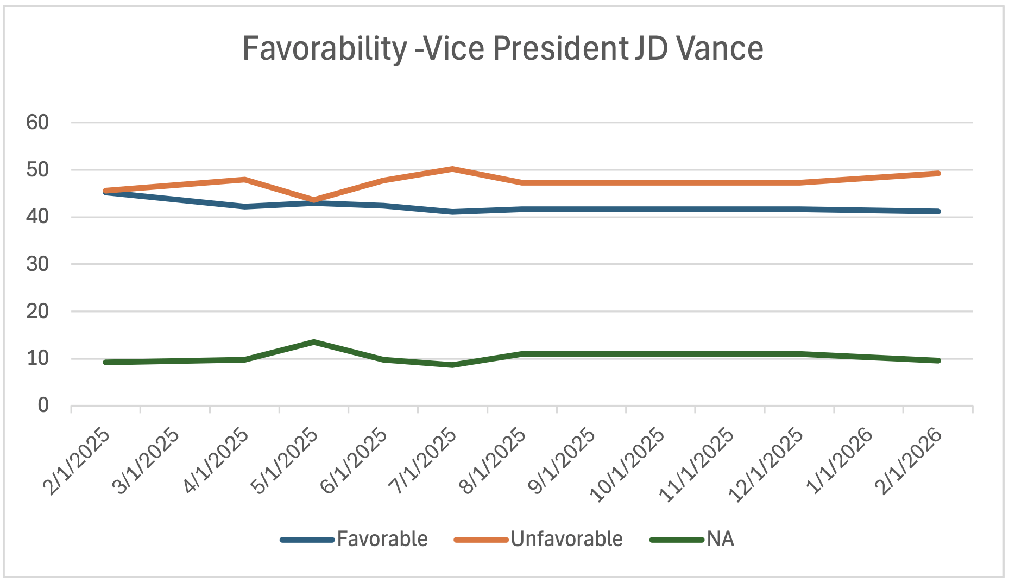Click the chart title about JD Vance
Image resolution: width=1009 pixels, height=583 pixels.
503,49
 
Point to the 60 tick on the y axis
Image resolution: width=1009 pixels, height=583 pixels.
37,123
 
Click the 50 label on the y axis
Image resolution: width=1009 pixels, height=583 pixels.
37,170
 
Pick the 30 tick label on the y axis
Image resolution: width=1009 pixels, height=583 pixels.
37,264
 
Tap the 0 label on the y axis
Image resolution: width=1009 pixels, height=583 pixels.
43,405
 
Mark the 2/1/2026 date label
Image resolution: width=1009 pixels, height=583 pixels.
910,461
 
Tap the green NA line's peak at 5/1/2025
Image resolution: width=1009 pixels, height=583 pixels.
314,342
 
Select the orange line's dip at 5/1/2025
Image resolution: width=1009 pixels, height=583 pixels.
314,200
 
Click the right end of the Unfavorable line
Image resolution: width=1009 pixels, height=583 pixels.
938,173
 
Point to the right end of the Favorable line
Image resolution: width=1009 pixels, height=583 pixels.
938,211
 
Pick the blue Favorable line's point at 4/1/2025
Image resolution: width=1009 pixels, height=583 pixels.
244,206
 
